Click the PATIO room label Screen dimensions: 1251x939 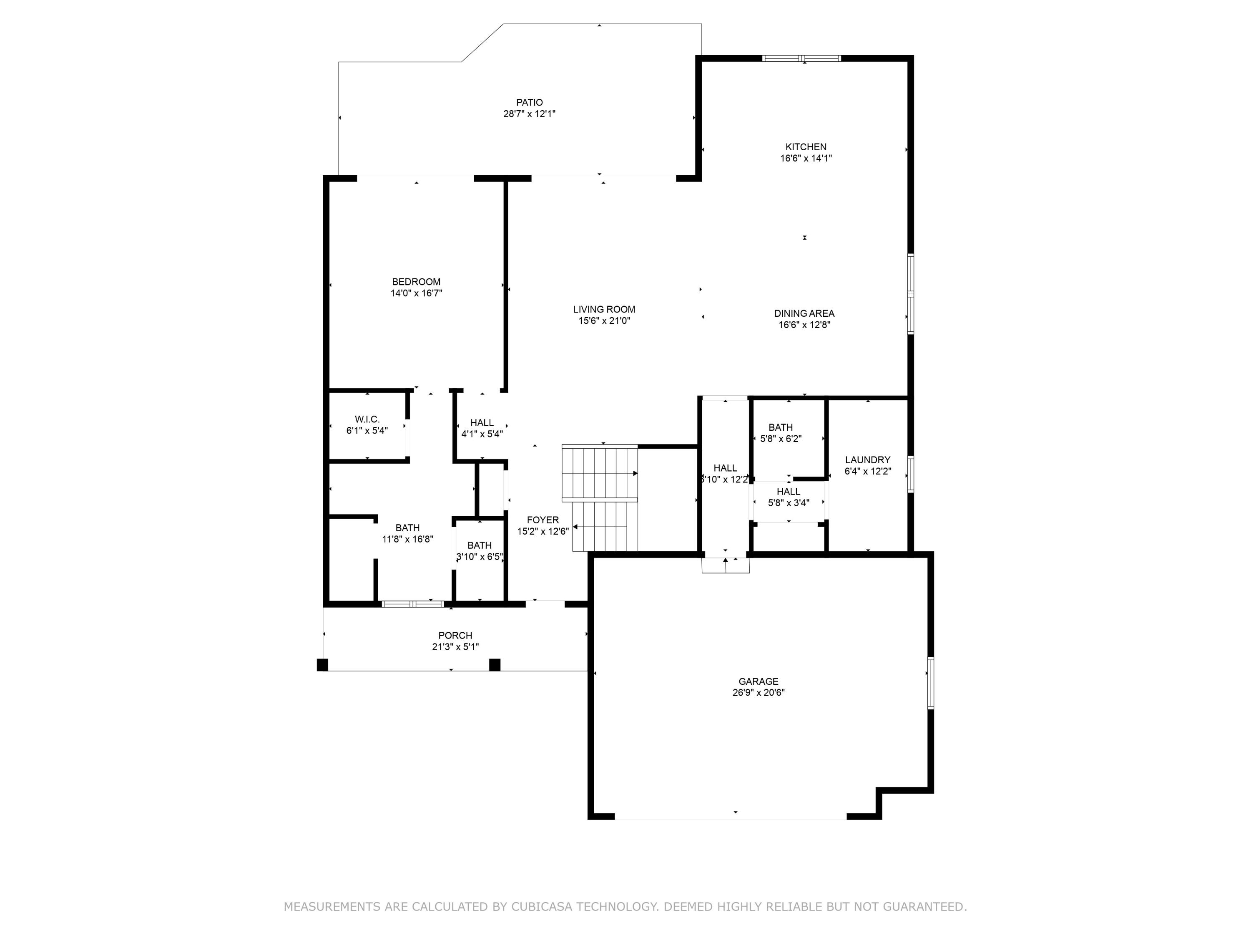(529, 102)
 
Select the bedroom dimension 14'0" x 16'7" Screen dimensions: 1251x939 (416, 293)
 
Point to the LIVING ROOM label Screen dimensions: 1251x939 (604, 309)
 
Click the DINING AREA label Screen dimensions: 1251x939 (804, 313)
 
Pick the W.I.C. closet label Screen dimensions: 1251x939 (367, 419)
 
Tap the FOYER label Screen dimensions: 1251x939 (543, 520)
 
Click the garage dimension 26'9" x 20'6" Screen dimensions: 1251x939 (759, 692)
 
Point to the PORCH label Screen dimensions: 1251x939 (455, 636)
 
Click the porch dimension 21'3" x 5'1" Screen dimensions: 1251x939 (455, 647)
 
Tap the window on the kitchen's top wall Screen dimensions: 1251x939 (801, 58)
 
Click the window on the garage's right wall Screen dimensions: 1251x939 (930, 683)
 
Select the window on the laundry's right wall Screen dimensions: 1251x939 (911, 475)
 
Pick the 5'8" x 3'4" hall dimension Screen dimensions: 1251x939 (789, 502)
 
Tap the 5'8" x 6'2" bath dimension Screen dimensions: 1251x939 (781, 439)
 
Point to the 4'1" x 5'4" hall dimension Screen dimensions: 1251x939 (482, 434)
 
